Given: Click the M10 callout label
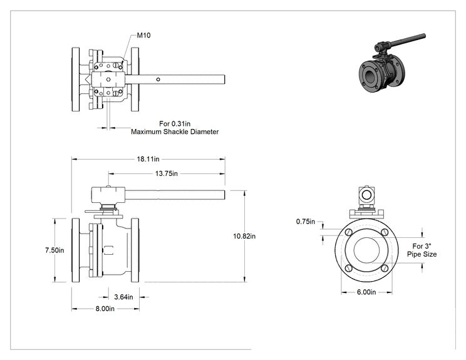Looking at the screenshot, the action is click(143, 35).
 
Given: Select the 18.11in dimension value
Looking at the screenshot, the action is click(148, 159).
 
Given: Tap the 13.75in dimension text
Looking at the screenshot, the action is click(167, 173).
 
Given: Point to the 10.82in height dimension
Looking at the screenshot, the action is click(244, 236).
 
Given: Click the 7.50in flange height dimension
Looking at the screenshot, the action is click(54, 250).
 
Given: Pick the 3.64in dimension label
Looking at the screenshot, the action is click(123, 297).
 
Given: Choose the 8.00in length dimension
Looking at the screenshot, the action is click(105, 309).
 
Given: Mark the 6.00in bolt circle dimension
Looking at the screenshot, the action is click(366, 292).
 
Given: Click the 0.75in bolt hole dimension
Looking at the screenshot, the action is click(306, 222).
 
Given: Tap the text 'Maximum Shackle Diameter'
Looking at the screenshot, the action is click(175, 132).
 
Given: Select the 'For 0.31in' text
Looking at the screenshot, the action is click(175, 123).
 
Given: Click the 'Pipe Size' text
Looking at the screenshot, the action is click(422, 254).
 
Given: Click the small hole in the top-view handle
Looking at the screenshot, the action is click(158, 80).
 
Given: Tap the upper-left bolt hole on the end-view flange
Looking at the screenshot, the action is click(349, 232).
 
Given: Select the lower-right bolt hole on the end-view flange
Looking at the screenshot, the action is click(385, 269).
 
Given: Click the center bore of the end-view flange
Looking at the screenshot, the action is click(367, 250).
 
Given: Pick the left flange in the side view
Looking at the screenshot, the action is click(76, 250).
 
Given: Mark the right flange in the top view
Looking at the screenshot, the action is click(135, 80).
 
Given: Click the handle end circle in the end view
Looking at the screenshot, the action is click(367, 195).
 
